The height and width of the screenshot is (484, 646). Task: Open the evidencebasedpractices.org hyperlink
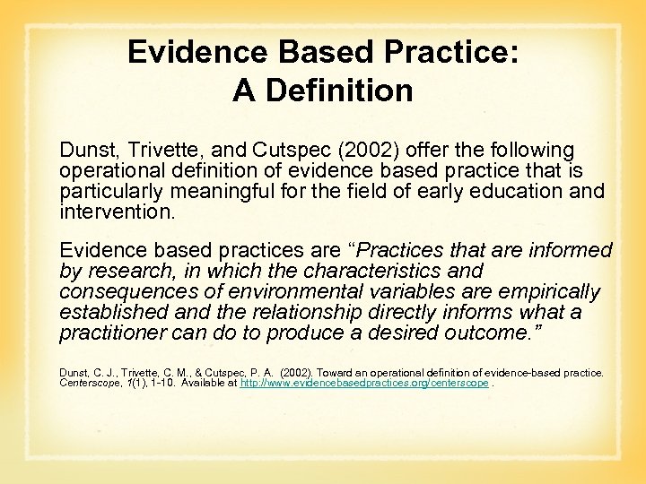coord(364,383)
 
